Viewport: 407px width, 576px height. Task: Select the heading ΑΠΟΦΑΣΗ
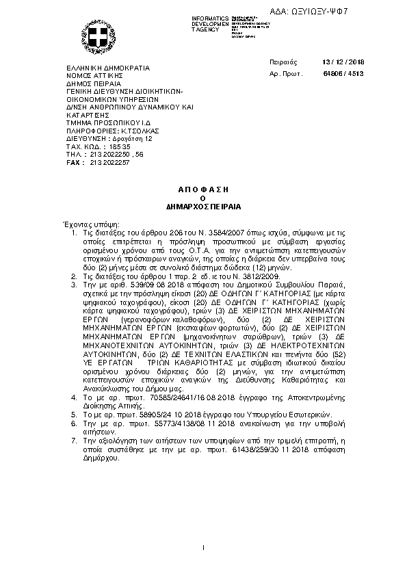click(x=203, y=188)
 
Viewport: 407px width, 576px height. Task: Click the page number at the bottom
click(x=204, y=547)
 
